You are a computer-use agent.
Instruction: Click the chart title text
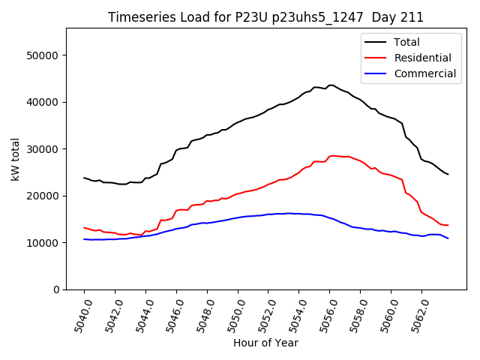click(265, 17)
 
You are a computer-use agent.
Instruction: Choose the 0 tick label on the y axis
click(56, 289)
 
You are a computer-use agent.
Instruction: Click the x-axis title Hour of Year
click(265, 343)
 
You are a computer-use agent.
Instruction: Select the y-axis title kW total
click(15, 159)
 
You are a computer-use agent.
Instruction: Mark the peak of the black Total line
click(330, 85)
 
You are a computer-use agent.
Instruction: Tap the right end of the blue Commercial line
click(448, 238)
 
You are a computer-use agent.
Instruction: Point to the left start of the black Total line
click(84, 178)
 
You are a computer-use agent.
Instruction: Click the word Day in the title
click(386, 17)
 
